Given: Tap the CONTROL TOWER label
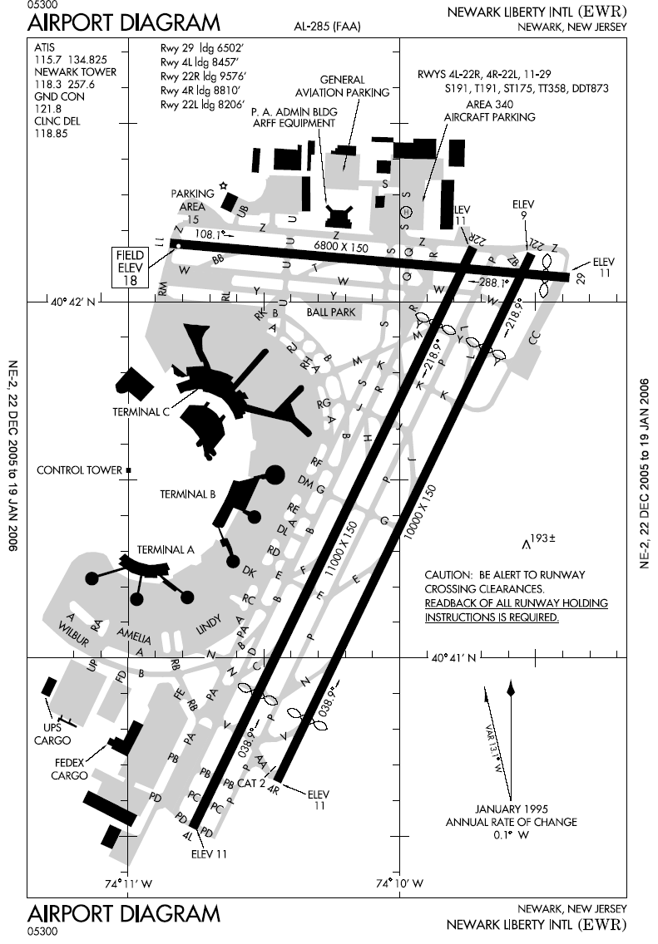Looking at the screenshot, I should click(x=79, y=470).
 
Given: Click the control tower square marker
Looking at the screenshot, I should click(x=128, y=470).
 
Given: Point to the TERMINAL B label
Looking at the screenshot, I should click(x=188, y=494).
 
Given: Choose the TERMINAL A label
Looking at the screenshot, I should click(x=165, y=549).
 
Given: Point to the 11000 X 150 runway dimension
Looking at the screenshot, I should click(x=344, y=548).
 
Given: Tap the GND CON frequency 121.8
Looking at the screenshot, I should click(x=47, y=108).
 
